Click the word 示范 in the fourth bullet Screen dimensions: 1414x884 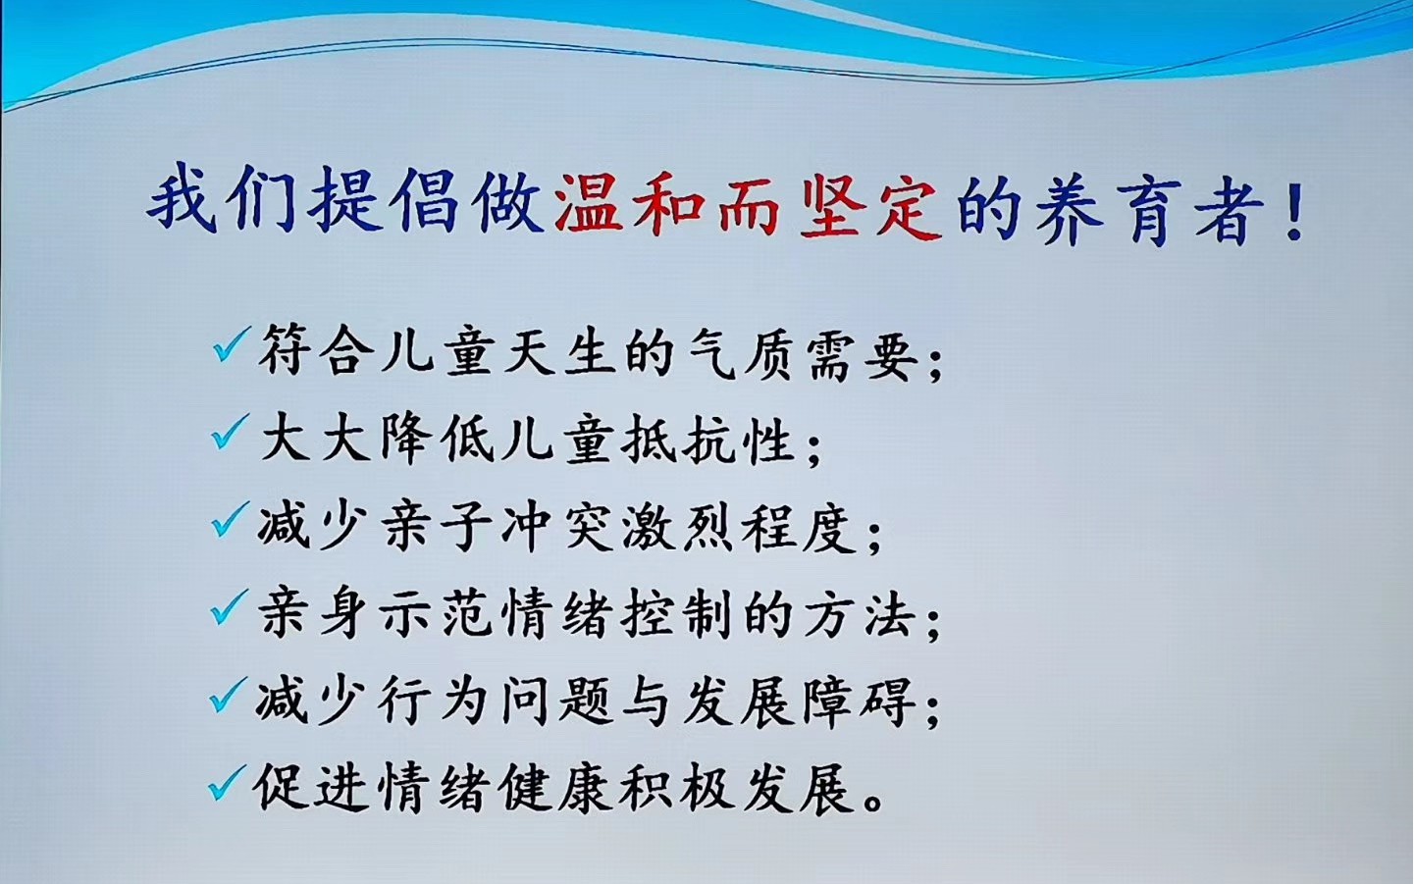click(436, 614)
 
